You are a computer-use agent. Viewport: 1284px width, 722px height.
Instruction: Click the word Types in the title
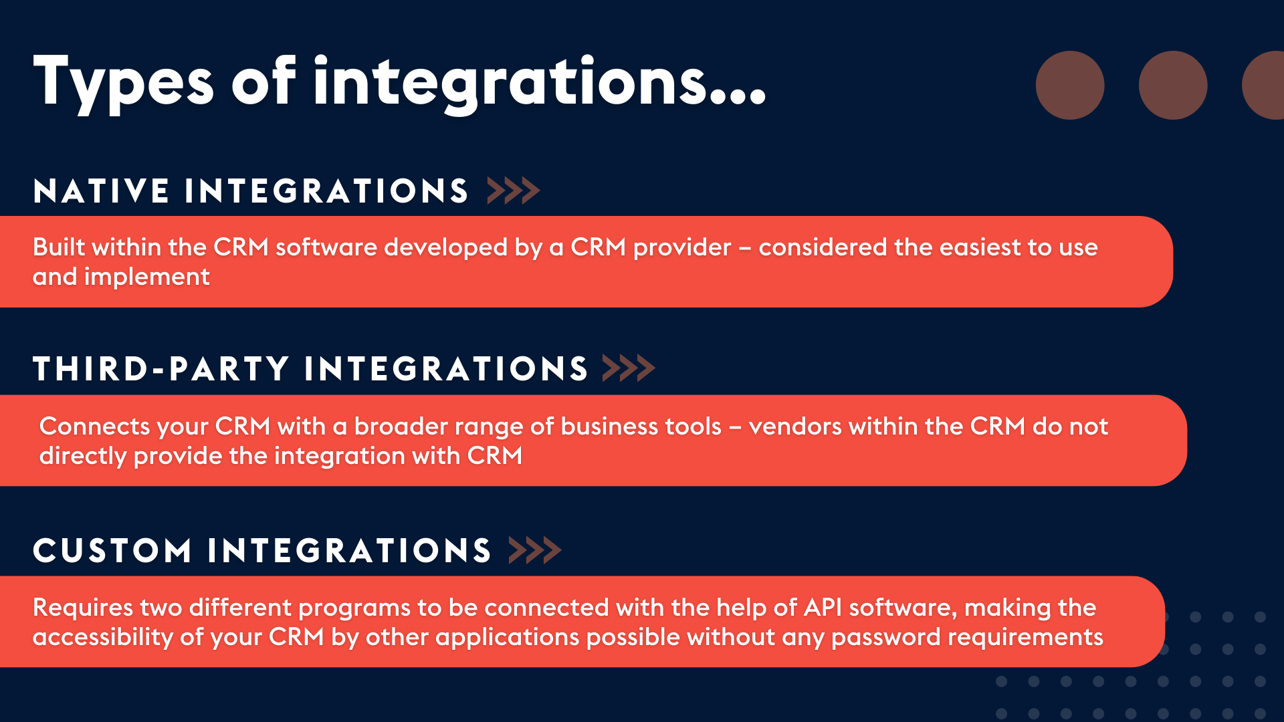[x=123, y=83]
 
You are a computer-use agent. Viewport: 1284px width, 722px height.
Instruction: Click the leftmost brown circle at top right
[x=1069, y=86]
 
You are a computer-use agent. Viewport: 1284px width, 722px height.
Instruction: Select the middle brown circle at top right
[x=1172, y=86]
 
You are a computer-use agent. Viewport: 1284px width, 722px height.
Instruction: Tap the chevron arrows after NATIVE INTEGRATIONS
[x=513, y=191]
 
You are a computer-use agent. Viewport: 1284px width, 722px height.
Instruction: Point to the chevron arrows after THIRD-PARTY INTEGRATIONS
[x=628, y=368]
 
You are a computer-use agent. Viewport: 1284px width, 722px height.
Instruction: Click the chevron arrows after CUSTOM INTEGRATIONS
[x=534, y=551]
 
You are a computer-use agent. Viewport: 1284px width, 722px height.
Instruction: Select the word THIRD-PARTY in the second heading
[x=160, y=369]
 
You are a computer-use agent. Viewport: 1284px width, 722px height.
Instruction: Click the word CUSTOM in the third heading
[x=112, y=551]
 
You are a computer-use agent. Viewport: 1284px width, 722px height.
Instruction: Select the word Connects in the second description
[x=94, y=427]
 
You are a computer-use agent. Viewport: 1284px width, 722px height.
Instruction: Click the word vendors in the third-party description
[x=794, y=427]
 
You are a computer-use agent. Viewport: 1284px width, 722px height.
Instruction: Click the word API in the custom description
[x=823, y=608]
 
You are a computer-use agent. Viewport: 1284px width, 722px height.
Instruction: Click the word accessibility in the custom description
[x=102, y=638]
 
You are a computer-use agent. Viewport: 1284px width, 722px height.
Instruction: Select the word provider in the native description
[x=682, y=248]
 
